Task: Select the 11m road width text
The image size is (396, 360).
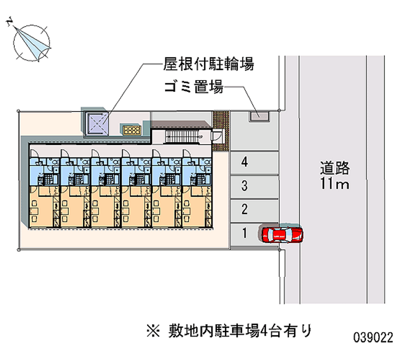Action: tap(335, 185)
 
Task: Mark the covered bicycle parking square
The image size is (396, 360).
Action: tap(98, 122)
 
